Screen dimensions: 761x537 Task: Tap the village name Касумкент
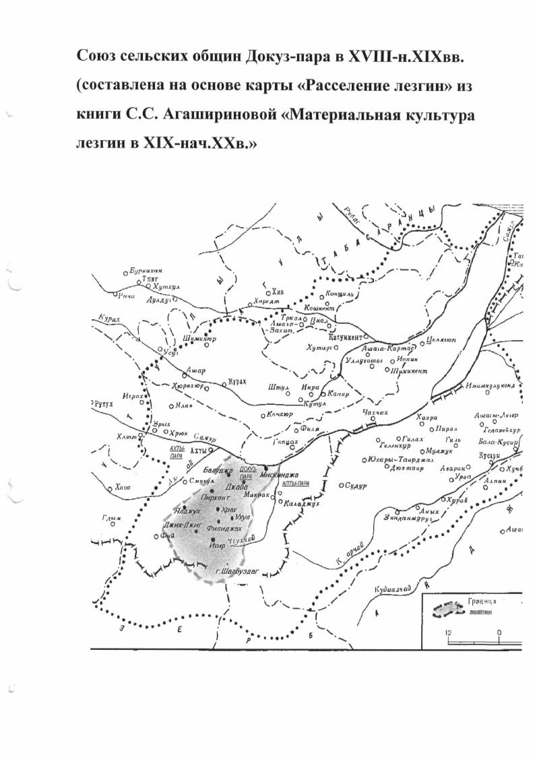346,335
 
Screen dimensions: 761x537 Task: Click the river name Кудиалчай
391,591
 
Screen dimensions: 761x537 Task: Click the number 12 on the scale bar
449,633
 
